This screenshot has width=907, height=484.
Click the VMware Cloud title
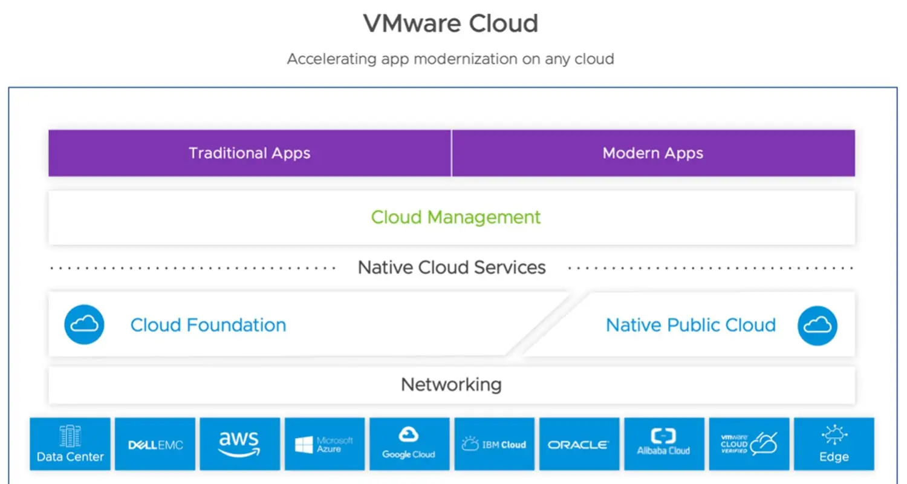(450, 24)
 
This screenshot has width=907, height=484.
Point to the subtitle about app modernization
(450, 59)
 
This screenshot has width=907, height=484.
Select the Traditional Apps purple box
(250, 153)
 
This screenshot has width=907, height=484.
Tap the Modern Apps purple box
(653, 153)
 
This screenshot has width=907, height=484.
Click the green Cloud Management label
(456, 217)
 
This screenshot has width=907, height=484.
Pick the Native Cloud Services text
(452, 267)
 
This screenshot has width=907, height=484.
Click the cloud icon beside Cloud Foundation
(84, 325)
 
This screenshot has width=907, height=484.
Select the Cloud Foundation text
(208, 325)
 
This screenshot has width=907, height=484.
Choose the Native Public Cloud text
(691, 325)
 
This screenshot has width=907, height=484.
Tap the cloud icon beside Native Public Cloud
(818, 325)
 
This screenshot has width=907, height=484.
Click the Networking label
(451, 384)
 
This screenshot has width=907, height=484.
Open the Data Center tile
(70, 443)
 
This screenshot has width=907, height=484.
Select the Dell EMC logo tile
(155, 443)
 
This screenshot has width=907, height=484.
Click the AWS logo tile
(240, 443)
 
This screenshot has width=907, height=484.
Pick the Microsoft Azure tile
(325, 443)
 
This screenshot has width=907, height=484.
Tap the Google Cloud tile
(409, 443)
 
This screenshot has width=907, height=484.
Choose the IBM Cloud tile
(495, 443)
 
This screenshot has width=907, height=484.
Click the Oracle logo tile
(579, 443)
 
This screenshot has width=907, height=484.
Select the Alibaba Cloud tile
(664, 443)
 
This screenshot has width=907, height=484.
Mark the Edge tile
(834, 443)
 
